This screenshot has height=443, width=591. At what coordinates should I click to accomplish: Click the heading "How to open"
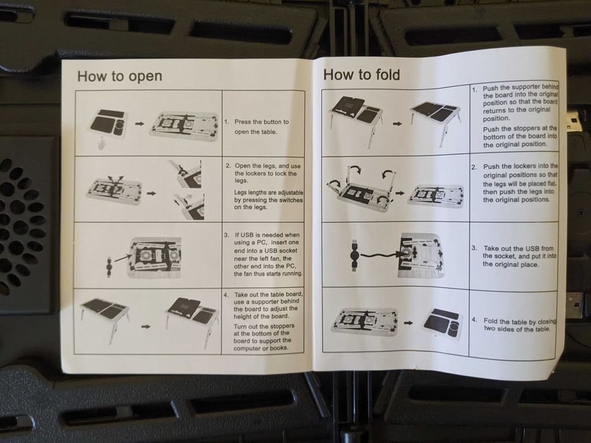pyautogui.click(x=120, y=76)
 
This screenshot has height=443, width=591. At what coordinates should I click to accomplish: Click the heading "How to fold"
pyautogui.click(x=362, y=75)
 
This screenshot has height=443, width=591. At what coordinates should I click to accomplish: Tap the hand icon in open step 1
pyautogui.click(x=101, y=144)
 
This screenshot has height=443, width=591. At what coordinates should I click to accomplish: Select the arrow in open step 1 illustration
pyautogui.click(x=139, y=123)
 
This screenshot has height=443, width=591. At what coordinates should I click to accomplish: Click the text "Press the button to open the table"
pyautogui.click(x=257, y=127)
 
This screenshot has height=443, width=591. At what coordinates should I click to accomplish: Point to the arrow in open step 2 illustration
pyautogui.click(x=151, y=193)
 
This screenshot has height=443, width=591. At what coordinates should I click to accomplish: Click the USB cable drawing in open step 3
pyautogui.click(x=109, y=267)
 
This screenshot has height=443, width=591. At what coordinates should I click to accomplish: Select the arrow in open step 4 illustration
pyautogui.click(x=146, y=326)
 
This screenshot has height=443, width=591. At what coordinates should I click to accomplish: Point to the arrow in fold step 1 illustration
pyautogui.click(x=397, y=123)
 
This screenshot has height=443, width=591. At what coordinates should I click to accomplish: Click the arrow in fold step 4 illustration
pyautogui.click(x=408, y=323)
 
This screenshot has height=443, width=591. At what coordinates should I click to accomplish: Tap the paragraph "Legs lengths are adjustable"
pyautogui.click(x=268, y=200)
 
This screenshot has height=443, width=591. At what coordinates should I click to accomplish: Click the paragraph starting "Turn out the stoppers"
pyautogui.click(x=262, y=337)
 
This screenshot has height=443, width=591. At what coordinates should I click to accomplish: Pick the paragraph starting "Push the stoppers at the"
pyautogui.click(x=520, y=136)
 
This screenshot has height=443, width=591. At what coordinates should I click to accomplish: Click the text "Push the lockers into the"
pyautogui.click(x=520, y=166)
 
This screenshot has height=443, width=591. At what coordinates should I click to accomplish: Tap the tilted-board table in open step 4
pyautogui.click(x=192, y=319)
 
